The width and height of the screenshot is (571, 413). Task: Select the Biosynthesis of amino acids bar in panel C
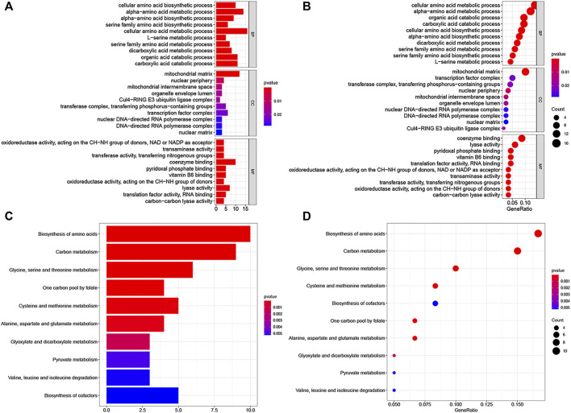tap(178, 234)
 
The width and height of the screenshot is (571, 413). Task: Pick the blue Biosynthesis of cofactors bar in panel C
tap(142, 397)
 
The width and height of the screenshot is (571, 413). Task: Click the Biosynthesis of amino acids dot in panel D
tap(538, 233)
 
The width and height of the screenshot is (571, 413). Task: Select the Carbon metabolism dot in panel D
tap(518, 251)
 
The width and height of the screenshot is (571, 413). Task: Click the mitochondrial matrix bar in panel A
tap(227, 74)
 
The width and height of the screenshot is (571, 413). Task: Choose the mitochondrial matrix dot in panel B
tap(525, 72)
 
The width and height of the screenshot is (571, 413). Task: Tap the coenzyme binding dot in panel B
tap(521, 138)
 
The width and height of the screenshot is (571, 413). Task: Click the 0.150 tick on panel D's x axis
tap(518, 404)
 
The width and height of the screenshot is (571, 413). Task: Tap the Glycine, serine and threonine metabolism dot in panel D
tap(456, 269)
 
